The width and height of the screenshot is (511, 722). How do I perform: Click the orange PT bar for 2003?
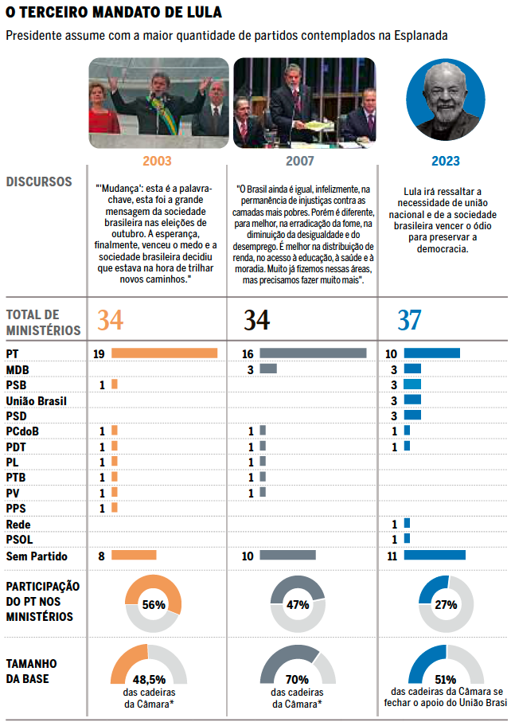164,353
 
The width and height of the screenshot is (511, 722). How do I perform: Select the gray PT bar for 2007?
313,353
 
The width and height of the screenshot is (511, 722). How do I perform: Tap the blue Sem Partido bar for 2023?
434,556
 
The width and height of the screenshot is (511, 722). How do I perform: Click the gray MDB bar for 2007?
268,369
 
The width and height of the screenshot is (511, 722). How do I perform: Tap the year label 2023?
445,161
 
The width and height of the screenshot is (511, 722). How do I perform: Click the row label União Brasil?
36,400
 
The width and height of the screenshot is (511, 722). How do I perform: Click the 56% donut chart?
154,605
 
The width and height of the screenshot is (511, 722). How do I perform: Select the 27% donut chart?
446,605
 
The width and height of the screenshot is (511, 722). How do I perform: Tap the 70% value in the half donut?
297,680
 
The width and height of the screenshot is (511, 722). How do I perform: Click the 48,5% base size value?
149,680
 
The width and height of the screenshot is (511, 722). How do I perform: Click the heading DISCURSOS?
39,182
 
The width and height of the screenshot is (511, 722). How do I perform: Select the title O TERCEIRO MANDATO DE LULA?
114,14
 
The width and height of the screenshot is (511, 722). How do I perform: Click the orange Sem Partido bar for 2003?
134,556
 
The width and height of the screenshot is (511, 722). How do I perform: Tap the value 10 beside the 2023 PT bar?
392,353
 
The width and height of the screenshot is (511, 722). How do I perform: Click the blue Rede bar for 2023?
407,523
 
